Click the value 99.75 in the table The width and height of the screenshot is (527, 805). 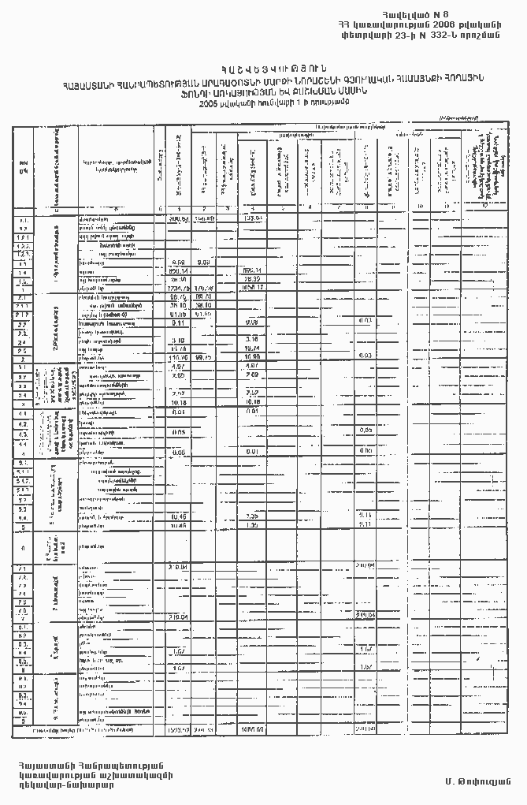(203, 357)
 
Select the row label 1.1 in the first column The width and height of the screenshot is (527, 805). (24, 220)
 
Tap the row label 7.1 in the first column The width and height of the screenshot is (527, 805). (24, 567)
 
